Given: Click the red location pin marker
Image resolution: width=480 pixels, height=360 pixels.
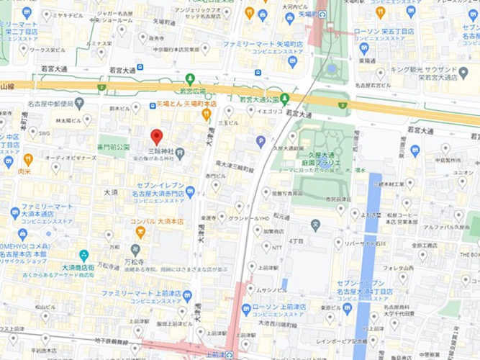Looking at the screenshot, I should point(156,136).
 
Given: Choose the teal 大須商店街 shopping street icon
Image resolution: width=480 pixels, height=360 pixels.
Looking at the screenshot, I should point(84,255).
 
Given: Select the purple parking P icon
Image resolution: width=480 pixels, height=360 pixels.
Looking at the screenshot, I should point(261,141).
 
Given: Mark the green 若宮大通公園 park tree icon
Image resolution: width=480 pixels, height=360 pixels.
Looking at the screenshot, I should point(285,98).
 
